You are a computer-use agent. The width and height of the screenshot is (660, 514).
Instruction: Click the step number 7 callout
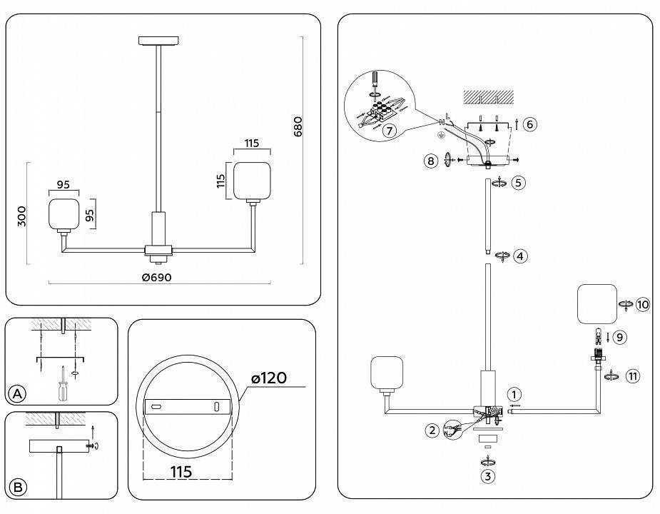389,131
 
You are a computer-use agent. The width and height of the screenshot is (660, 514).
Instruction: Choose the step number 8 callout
430,161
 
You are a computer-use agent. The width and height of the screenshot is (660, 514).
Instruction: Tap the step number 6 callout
529,124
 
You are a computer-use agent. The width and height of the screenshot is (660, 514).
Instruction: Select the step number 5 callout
519,183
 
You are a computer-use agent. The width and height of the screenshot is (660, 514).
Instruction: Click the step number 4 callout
522,256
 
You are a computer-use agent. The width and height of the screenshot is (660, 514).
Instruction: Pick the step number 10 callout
643,305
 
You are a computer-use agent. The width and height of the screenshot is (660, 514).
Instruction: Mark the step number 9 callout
620,336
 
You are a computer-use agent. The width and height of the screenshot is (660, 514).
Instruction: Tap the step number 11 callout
632,376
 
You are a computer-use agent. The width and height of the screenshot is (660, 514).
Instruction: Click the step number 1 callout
514,394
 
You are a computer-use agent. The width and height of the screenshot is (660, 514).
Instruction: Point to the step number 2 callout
431,430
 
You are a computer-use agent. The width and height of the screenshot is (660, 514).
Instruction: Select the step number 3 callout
487,476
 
